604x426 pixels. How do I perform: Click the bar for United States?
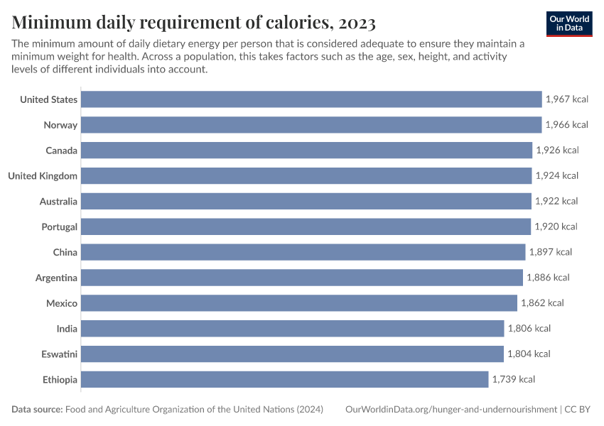tap(311, 99)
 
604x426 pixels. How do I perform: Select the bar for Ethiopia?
tap(285, 379)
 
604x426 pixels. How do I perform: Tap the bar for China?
tap(303, 252)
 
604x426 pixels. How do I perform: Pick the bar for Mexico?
tap(299, 303)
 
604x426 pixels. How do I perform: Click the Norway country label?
tap(61, 125)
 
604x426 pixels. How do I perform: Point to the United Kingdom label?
tap(43, 175)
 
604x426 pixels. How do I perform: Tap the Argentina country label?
tap(56, 278)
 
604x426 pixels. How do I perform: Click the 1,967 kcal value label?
tap(566, 99)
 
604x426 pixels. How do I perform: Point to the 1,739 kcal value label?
tap(513, 379)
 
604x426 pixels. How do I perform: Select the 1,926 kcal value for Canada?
tap(557, 151)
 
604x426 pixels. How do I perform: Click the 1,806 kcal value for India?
tap(529, 328)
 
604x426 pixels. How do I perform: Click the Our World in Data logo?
tap(569, 23)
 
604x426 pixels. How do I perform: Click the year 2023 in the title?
tap(357, 23)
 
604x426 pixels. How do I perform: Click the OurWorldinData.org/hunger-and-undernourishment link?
tap(451, 410)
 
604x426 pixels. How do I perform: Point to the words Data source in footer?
tap(36, 410)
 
